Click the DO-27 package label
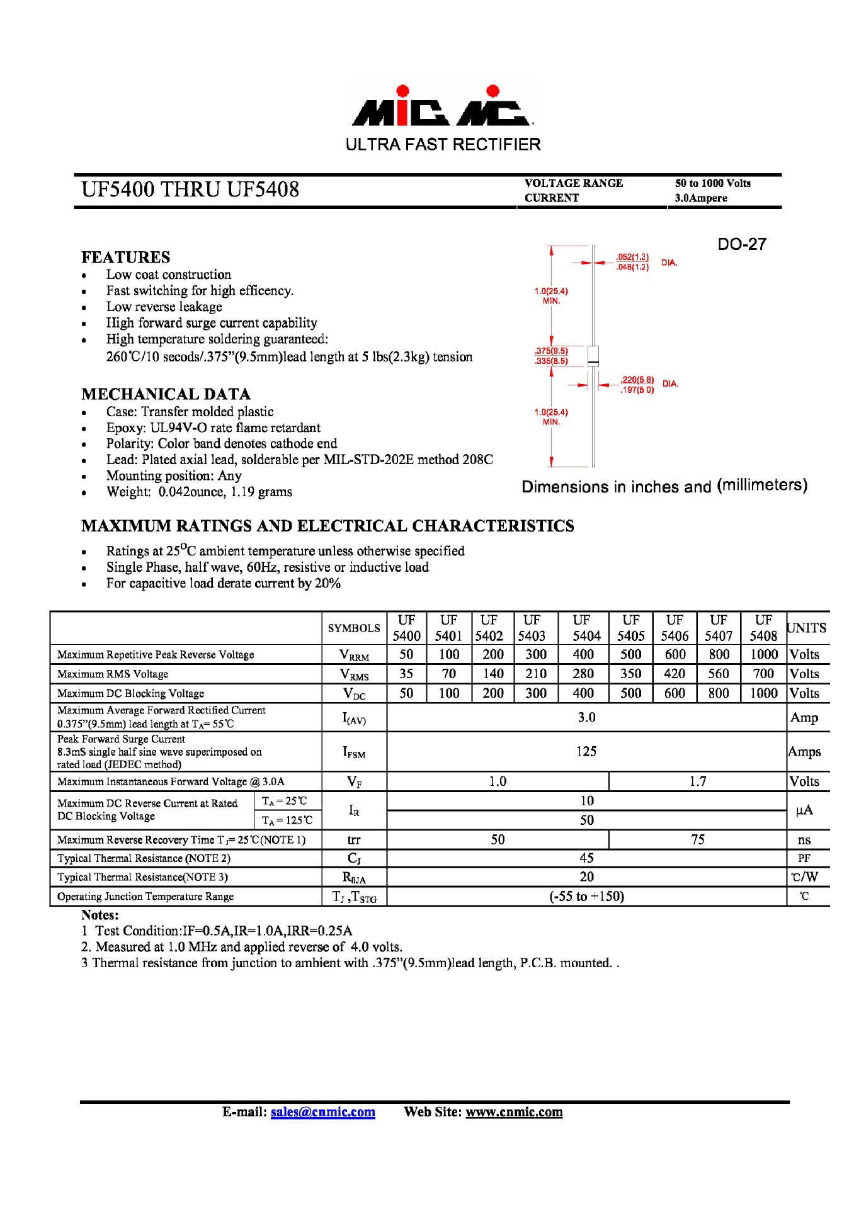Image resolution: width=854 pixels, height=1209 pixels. (x=741, y=244)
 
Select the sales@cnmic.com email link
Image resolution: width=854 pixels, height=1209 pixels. (x=322, y=1111)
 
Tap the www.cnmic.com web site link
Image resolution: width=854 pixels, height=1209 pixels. (x=514, y=1111)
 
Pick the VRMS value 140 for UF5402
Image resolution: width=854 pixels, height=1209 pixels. (x=492, y=674)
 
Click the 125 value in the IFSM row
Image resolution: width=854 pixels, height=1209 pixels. (x=586, y=751)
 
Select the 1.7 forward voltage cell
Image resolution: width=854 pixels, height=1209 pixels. (x=697, y=781)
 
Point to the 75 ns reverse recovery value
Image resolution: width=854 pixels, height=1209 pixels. (x=697, y=839)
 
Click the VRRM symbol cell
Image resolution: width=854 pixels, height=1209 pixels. (x=354, y=655)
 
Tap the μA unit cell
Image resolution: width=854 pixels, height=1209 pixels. (x=804, y=810)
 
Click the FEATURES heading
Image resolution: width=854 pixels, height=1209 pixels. (x=125, y=257)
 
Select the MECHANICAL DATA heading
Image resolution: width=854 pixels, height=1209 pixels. (x=166, y=394)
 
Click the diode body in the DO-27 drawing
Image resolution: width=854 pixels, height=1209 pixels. (x=593, y=356)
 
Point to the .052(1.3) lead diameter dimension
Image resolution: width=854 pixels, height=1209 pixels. (x=632, y=257)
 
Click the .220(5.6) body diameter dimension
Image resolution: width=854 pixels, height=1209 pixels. (x=637, y=380)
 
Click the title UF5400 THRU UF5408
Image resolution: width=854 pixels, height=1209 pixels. (x=190, y=190)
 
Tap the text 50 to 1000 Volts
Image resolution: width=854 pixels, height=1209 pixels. (x=712, y=183)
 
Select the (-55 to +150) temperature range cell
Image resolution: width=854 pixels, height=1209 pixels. (x=586, y=896)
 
